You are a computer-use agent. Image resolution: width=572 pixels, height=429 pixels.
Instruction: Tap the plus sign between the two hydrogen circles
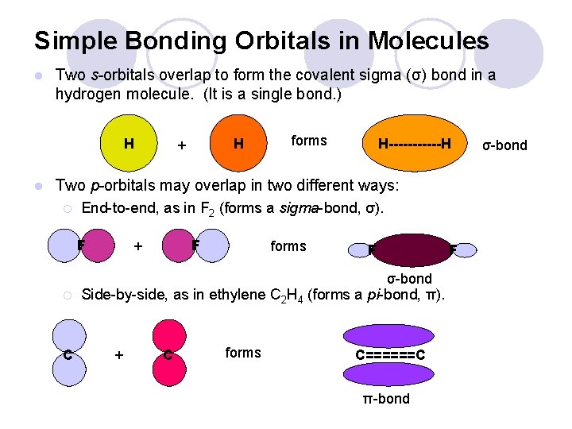[x=182, y=146]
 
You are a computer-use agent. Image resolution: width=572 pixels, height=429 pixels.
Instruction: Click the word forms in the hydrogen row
[x=309, y=141]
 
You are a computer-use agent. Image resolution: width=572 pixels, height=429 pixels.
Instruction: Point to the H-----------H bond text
[x=415, y=145]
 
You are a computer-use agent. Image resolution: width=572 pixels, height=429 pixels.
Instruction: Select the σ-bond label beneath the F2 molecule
[x=409, y=278]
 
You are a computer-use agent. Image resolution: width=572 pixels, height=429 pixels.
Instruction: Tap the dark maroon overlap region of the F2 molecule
[x=409, y=248]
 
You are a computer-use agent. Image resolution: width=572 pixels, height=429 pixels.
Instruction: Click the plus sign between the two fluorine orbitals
[x=138, y=246]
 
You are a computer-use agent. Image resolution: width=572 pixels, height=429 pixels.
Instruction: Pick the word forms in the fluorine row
[x=288, y=246]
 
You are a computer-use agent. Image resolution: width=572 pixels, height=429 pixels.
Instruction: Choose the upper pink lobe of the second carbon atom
[x=169, y=334]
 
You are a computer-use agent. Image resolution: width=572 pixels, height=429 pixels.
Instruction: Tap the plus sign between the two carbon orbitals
[x=119, y=355]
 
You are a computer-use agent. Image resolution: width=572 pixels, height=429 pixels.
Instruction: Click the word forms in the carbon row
[x=243, y=352]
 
